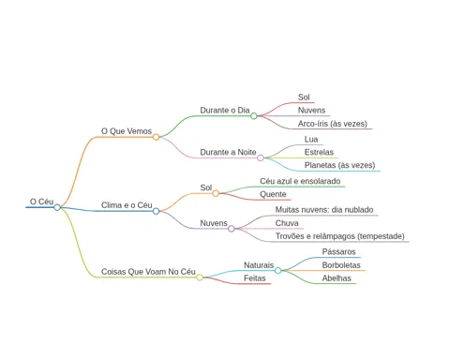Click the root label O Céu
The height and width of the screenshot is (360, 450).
click(41, 202)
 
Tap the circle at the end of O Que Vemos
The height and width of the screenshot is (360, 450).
click(156, 137)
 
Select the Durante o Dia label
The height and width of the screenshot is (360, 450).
click(225, 111)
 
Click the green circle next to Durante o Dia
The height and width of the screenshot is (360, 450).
click(254, 116)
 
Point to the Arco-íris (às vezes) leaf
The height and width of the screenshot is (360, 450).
click(333, 124)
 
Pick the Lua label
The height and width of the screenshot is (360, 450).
click(311, 140)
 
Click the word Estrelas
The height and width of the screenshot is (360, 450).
click(319, 152)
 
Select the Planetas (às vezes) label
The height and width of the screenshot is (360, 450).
click(339, 165)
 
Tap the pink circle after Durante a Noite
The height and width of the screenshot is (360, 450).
click(261, 157)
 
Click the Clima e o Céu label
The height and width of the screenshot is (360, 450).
click(127, 205)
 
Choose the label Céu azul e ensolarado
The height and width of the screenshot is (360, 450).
click(300, 181)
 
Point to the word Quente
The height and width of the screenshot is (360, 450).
click(273, 194)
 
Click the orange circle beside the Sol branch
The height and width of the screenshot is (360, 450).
click(216, 193)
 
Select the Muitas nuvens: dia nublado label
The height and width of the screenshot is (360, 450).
click(324, 210)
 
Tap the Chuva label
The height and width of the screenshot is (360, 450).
click(287, 223)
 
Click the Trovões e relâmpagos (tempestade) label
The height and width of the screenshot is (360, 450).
click(339, 236)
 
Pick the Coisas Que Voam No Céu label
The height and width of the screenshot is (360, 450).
click(148, 272)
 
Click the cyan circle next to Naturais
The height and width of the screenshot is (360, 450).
click(277, 270)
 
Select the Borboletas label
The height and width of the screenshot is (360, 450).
click(341, 265)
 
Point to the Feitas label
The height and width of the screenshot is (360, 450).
click(255, 278)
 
